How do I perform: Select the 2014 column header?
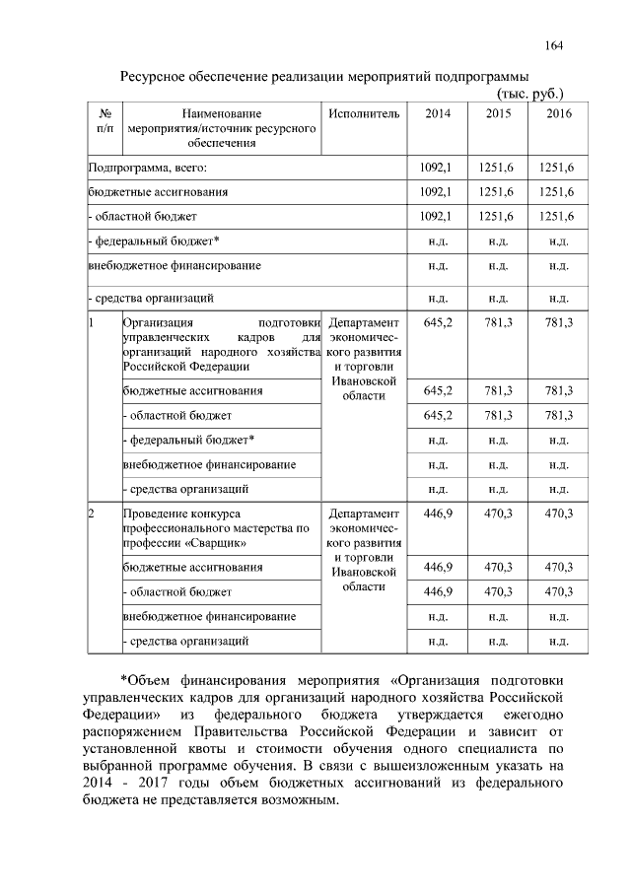pyautogui.click(x=438, y=114)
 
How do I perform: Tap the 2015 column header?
pyautogui.click(x=499, y=114)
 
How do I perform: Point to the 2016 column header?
pyautogui.click(x=558, y=114)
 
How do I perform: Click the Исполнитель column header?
pyautogui.click(x=364, y=114)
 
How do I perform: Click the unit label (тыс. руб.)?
pyautogui.click(x=528, y=94)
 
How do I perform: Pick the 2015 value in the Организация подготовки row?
pyautogui.click(x=499, y=323)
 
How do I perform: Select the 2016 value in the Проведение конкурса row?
pyautogui.click(x=558, y=514)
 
